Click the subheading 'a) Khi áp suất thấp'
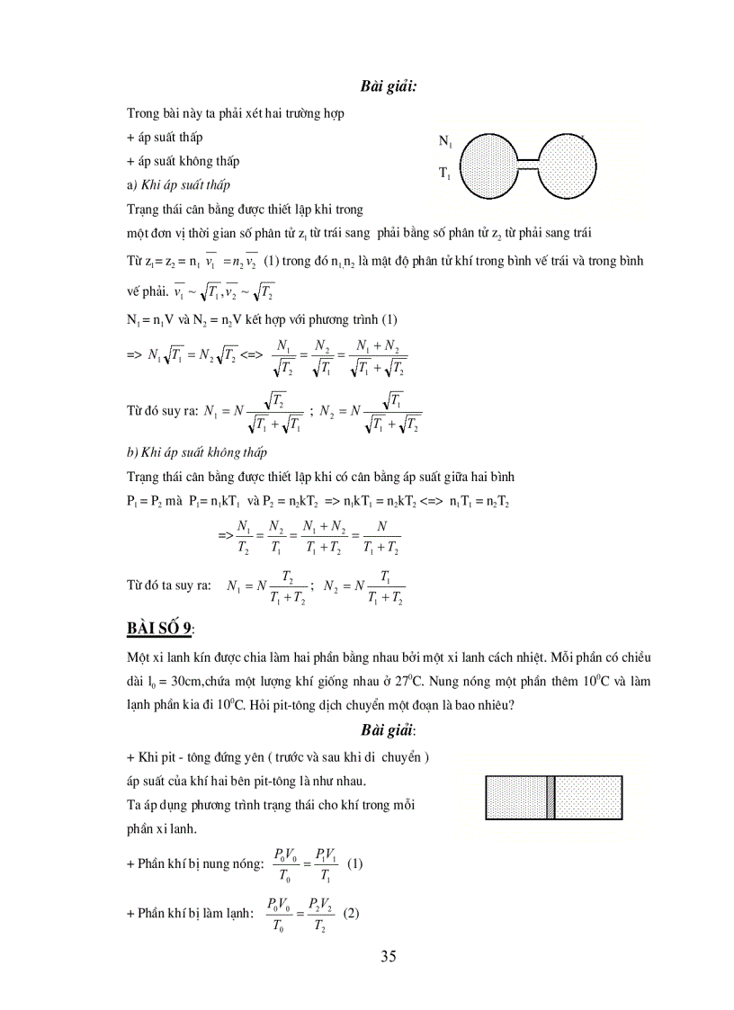pos(179,184)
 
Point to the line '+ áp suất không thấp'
pos(184,161)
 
